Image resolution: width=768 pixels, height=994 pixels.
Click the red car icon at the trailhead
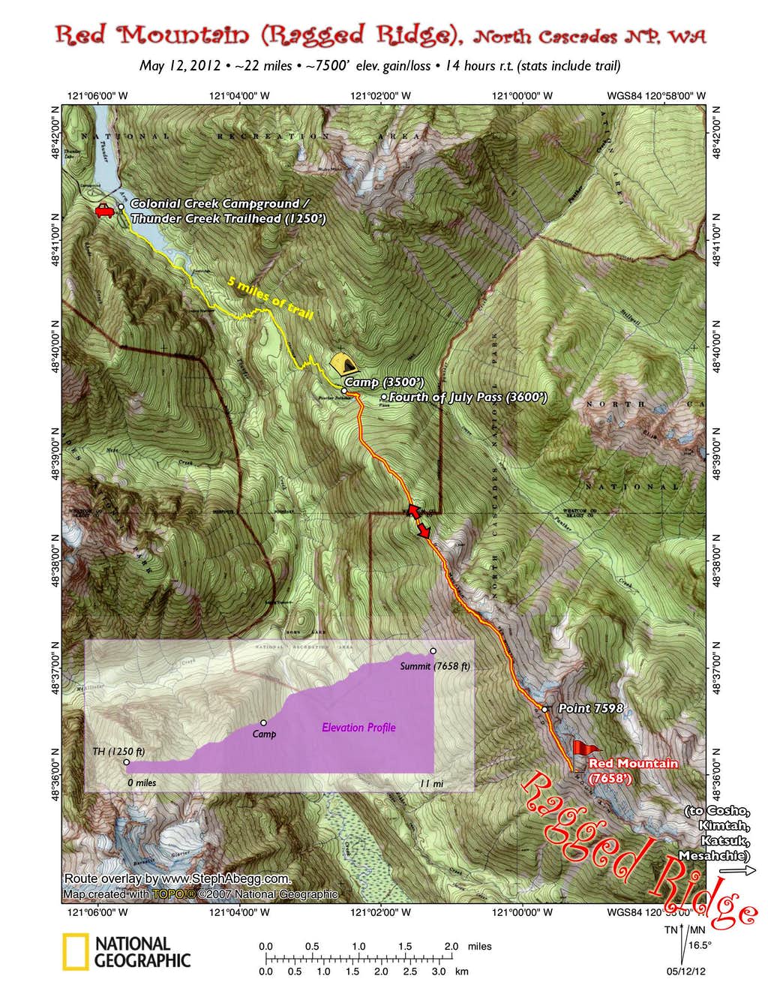pyautogui.click(x=104, y=212)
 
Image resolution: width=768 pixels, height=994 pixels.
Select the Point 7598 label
pyautogui.click(x=590, y=708)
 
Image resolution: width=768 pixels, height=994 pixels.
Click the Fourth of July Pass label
pyautogui.click(x=467, y=397)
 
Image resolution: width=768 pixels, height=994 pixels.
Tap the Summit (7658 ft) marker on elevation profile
pyautogui.click(x=433, y=651)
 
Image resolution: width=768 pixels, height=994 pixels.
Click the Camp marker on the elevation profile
pyautogui.click(x=263, y=723)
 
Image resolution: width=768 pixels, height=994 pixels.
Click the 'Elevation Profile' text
pyautogui.click(x=358, y=727)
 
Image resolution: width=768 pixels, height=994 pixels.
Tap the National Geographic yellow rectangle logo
pyautogui.click(x=75, y=952)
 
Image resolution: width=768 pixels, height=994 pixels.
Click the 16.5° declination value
pyautogui.click(x=699, y=944)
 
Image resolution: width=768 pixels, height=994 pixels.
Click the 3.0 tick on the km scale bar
pyautogui.click(x=439, y=971)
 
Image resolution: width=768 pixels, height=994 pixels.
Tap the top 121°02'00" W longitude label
pyautogui.click(x=380, y=95)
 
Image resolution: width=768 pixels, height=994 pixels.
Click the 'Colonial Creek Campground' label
pyautogui.click(x=219, y=204)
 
